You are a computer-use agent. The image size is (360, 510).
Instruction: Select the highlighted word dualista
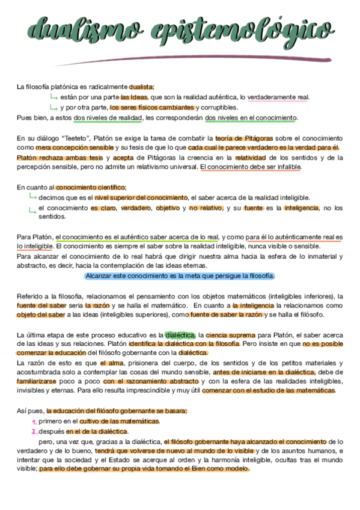[142, 87]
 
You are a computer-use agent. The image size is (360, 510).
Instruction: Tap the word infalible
[287, 167]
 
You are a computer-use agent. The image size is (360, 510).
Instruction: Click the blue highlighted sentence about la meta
[180, 275]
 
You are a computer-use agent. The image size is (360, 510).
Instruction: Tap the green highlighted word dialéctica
[180, 334]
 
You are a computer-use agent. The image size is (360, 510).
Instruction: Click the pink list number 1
[34, 422]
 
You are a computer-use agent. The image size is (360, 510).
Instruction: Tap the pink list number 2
[34, 431]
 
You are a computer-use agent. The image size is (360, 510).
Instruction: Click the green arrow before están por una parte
[53, 97]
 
